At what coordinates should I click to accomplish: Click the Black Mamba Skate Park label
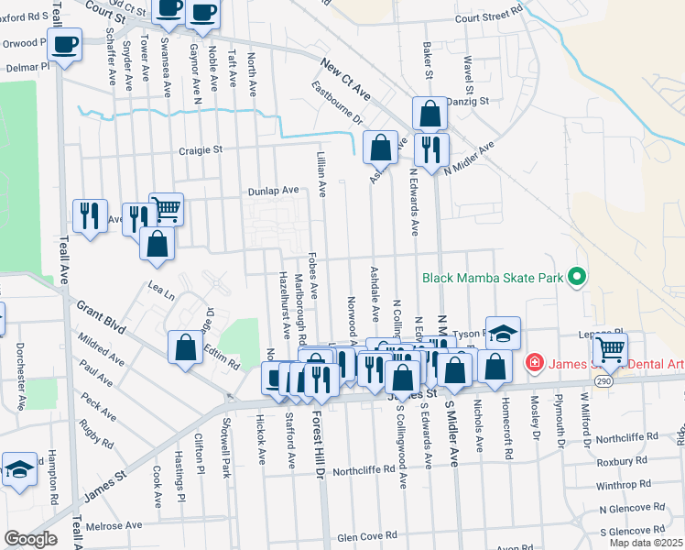click(x=493, y=276)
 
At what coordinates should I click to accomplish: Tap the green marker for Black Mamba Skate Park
click(x=576, y=276)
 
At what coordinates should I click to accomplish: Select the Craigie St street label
click(x=201, y=149)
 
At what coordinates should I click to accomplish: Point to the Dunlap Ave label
click(x=274, y=191)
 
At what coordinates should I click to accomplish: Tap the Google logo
click(x=30, y=539)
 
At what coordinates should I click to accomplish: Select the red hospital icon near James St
click(x=532, y=364)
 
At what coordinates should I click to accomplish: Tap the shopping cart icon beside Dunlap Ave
click(x=166, y=208)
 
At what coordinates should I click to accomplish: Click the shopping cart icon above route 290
click(x=609, y=347)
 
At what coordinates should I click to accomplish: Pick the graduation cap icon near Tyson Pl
click(x=503, y=332)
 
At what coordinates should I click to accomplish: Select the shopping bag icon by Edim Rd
click(x=185, y=347)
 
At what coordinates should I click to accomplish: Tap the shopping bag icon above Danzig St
click(x=429, y=114)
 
